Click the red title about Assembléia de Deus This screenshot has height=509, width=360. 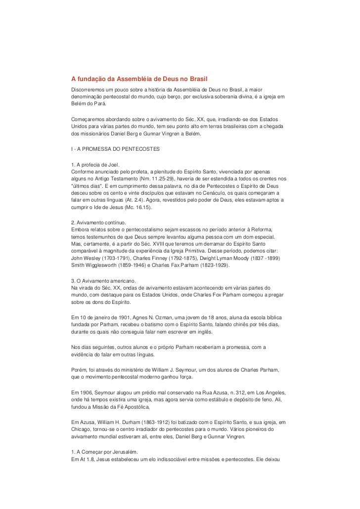click(139, 79)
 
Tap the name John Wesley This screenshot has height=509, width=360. click(88, 258)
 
